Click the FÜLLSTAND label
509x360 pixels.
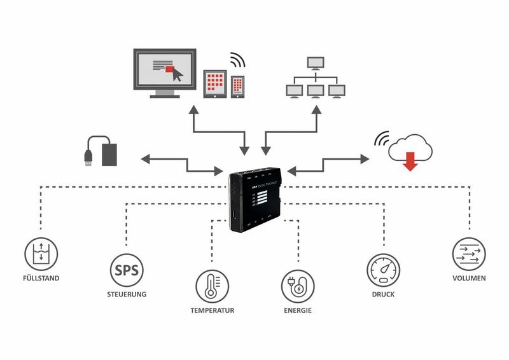[x=41, y=279]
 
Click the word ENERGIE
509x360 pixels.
[x=298, y=311]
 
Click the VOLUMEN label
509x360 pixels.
[x=469, y=279]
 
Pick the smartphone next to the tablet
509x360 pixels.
[x=237, y=87]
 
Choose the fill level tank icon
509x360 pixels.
[x=41, y=255]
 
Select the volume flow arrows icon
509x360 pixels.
[x=469, y=255]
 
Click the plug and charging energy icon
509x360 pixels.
[x=298, y=287]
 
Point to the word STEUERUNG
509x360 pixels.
[x=127, y=294]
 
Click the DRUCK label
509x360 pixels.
[x=384, y=294]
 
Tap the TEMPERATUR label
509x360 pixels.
[x=213, y=311]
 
